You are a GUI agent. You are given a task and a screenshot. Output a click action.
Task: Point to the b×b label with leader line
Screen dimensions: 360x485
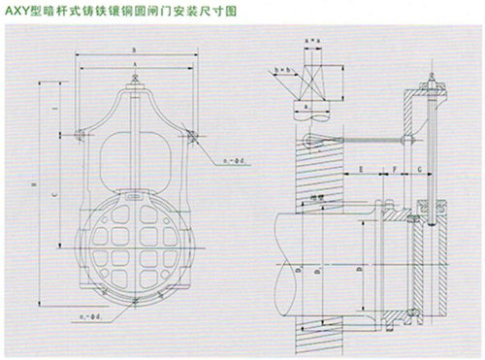283,72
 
